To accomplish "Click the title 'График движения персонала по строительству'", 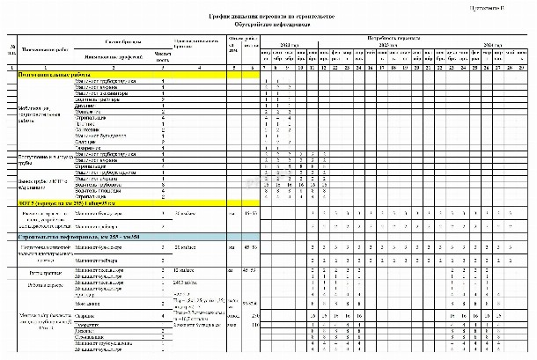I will (x=271, y=17).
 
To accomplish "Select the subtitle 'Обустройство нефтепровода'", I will (x=271, y=25).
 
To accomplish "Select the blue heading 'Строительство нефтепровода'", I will (x=70, y=238).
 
